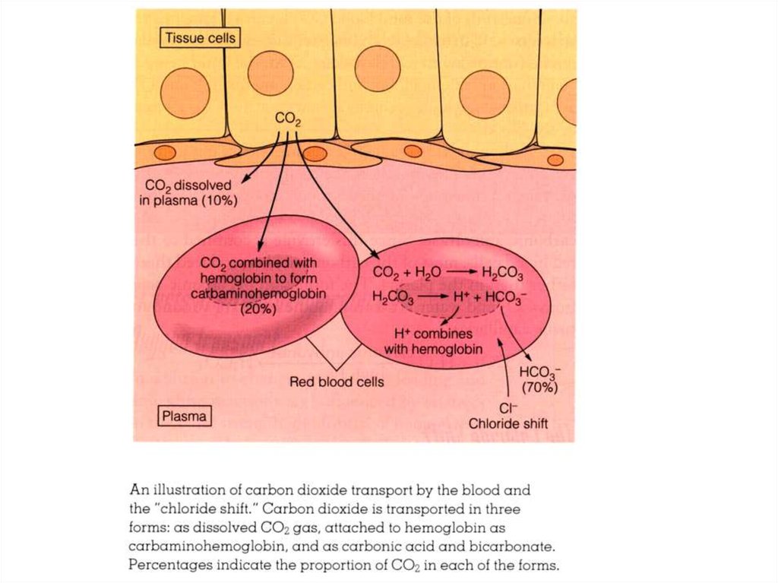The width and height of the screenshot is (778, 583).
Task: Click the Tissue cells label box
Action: point(200,37)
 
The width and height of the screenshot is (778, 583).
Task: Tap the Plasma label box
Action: point(185,417)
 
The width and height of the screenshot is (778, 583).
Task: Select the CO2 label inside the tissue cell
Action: point(289,119)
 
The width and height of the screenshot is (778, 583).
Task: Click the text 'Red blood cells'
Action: point(337,382)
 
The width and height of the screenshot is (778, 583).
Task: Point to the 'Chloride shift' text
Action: point(508,423)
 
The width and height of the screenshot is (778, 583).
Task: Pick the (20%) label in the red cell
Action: point(258,309)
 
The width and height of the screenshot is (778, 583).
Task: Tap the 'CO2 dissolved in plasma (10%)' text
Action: point(193,193)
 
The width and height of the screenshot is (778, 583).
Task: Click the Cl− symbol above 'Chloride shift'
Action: point(508,407)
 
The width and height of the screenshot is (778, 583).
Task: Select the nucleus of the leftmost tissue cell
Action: point(185,92)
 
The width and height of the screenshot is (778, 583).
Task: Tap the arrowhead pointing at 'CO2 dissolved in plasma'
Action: point(245,181)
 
